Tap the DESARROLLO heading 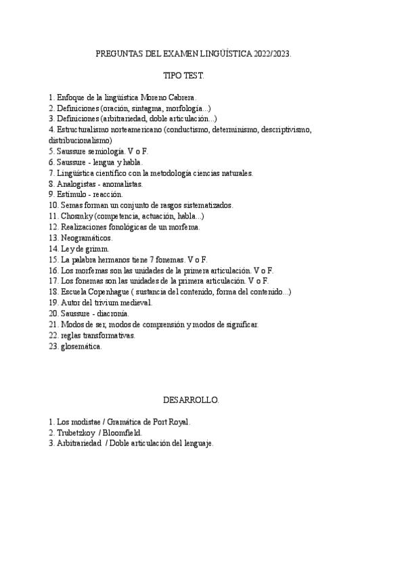tap(191, 400)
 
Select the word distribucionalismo tap(85, 140)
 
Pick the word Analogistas tap(79, 183)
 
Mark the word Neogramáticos tap(87, 238)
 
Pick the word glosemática tap(81, 346)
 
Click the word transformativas tap(110, 335)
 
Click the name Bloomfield tap(122, 432)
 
